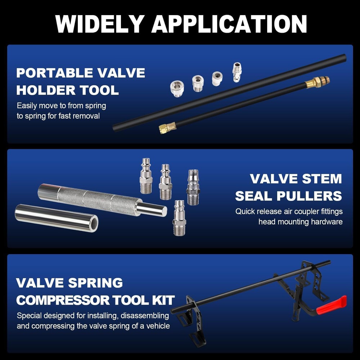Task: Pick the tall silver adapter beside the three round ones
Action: pos(237,72)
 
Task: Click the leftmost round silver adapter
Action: pos(177,88)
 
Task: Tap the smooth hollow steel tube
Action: pos(57,217)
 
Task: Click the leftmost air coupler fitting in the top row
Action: pos(146,175)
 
